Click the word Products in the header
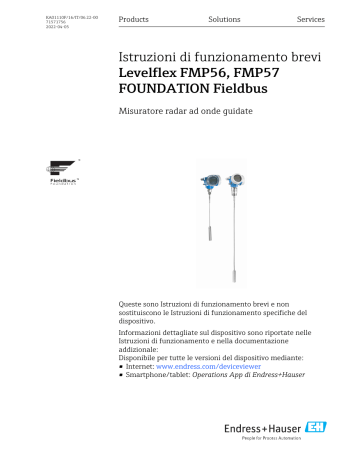135,20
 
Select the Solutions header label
224,20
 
